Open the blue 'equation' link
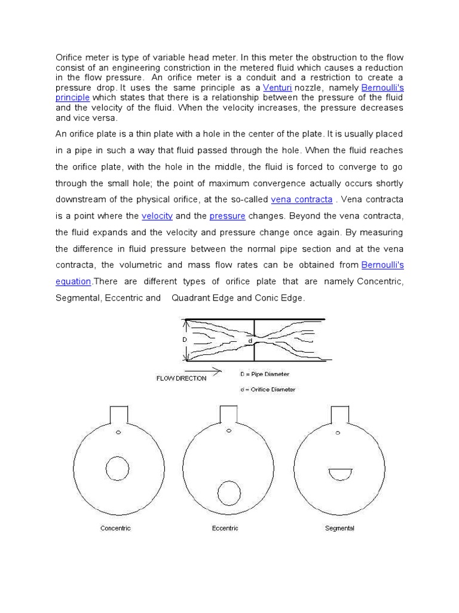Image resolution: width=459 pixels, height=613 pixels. coord(73,281)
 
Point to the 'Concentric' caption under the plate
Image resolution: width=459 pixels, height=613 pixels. coord(116,528)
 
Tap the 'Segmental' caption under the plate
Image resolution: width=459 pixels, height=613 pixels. coord(339,528)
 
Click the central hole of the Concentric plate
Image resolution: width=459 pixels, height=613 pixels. coord(117,470)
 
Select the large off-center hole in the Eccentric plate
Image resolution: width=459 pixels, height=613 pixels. coord(229,493)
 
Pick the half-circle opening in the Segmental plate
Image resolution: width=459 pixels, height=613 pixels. coord(340,474)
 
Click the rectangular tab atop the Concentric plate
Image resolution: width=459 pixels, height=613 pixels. coord(118,414)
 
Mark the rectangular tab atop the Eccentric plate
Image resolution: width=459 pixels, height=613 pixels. coord(229,414)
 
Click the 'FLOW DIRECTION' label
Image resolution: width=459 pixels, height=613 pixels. coord(181,378)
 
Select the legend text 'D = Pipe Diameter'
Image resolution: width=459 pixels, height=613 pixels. coord(264,374)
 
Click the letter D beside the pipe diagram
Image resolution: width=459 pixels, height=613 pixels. coord(184,339)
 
